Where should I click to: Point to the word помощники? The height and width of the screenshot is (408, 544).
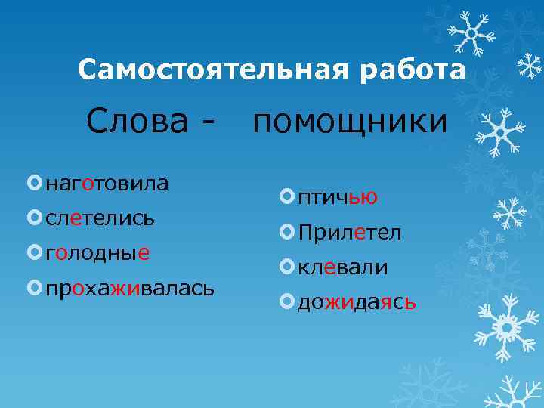tap(350, 122)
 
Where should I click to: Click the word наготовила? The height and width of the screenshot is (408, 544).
tap(107, 183)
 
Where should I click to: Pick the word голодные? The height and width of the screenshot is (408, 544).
tap(97, 252)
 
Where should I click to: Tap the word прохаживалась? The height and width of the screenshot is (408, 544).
tap(130, 287)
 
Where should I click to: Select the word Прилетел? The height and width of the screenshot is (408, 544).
tap(350, 233)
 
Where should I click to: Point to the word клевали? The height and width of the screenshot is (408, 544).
tap(342, 267)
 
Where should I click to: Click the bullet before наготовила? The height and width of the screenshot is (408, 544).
tap(33, 183)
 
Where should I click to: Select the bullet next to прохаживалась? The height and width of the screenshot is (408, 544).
tap(33, 287)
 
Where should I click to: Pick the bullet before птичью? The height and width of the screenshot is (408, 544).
tap(286, 197)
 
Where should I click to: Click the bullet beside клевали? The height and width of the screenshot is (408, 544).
tap(286, 267)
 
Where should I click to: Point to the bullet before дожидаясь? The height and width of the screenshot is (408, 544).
tap(286, 302)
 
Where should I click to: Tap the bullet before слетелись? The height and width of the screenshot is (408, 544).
tap(33, 218)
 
